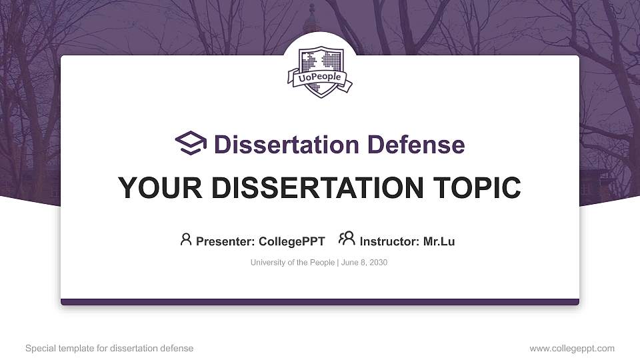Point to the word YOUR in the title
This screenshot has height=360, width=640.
point(155,188)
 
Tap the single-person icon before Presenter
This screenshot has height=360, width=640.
point(186,239)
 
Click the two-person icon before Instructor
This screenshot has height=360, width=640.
point(347,239)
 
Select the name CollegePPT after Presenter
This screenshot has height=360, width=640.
point(291,241)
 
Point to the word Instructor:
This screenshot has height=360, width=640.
point(389,241)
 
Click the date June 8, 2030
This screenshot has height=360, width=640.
point(365,263)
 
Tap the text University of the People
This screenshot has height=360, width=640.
point(293,263)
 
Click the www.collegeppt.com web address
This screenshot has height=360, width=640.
point(571,348)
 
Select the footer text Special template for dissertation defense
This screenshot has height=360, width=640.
point(109,348)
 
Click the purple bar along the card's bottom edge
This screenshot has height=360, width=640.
point(320,302)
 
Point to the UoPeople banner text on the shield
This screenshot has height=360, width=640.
point(320,77)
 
